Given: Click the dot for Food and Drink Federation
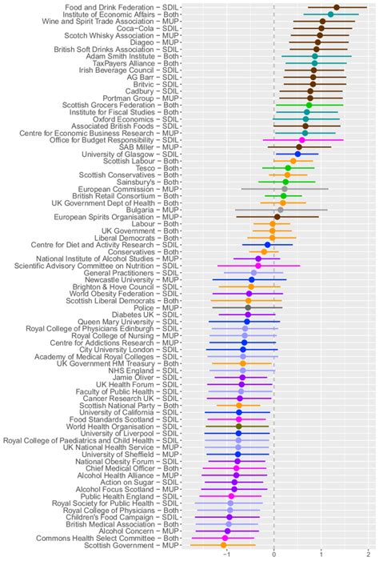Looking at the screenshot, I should click(x=336, y=7).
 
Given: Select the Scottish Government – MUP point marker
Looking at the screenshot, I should click(x=224, y=545).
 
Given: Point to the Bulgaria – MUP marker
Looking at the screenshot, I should click(x=280, y=210).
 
